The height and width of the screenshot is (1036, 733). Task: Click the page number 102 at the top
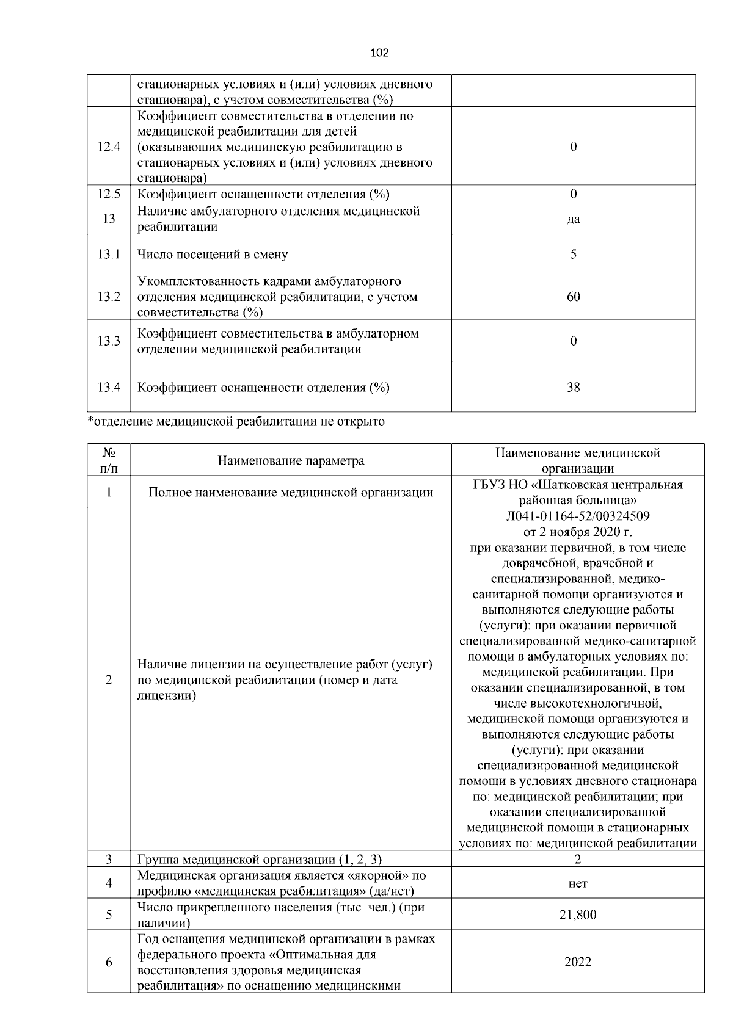379,53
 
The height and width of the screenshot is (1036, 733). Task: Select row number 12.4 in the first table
109,147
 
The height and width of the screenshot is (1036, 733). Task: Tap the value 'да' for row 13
573,219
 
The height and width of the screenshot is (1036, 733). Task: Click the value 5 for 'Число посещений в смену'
573,254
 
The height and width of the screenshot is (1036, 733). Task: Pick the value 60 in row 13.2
573,297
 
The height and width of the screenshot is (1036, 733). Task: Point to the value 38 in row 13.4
573,387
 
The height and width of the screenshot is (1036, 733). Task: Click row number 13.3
109,341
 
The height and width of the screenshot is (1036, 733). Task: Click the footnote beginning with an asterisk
236,421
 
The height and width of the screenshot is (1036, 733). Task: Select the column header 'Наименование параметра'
291,461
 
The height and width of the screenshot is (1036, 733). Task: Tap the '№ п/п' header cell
109,460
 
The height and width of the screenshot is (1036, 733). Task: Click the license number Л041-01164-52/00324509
578,516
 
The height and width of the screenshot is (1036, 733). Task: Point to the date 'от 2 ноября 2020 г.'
578,532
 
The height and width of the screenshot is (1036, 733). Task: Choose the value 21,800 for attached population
578,915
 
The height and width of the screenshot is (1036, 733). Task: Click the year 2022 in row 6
578,962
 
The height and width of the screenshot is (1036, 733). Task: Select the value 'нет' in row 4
578,883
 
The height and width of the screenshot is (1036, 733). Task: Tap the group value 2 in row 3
578,860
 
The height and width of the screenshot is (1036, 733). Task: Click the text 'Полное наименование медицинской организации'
291,492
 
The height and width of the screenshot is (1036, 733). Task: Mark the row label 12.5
109,194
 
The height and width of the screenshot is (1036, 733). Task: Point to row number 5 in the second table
109,915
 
